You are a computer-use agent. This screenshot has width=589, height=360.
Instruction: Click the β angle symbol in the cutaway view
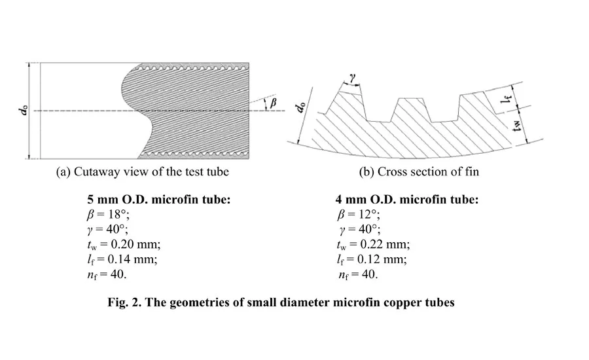click(x=273, y=103)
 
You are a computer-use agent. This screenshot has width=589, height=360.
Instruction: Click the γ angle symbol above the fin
click(x=352, y=78)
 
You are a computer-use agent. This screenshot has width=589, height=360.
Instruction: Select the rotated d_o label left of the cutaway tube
click(x=23, y=111)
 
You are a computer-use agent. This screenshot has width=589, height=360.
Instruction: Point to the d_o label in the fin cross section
click(x=300, y=107)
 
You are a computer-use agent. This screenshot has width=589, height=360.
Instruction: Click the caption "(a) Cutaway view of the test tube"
click(x=143, y=171)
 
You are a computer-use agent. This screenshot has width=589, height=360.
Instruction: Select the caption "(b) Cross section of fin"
click(x=419, y=171)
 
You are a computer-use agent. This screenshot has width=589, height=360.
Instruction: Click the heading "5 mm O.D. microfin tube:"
click(x=159, y=199)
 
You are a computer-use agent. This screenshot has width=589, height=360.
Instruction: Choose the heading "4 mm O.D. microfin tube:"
click(x=407, y=199)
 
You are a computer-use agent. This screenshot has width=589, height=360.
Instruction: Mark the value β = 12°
click(x=359, y=215)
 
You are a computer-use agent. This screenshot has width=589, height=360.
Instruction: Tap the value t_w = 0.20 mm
click(x=124, y=245)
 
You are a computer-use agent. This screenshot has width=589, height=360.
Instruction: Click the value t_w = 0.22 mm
click(x=374, y=245)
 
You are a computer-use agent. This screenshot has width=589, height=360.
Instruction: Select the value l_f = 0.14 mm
click(x=122, y=260)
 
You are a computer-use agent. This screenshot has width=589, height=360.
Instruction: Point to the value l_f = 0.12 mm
click(x=372, y=260)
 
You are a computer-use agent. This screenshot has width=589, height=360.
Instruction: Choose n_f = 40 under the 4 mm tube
click(x=358, y=275)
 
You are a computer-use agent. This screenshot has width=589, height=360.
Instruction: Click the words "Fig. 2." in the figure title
click(x=124, y=302)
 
